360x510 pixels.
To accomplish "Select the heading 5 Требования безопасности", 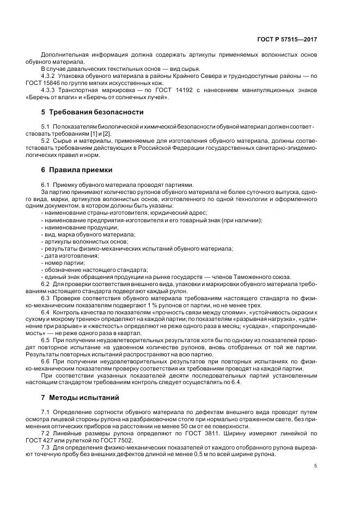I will pyautogui.click(x=92, y=112).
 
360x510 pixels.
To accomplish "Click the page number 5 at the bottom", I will pyautogui.click(x=316, y=466).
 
